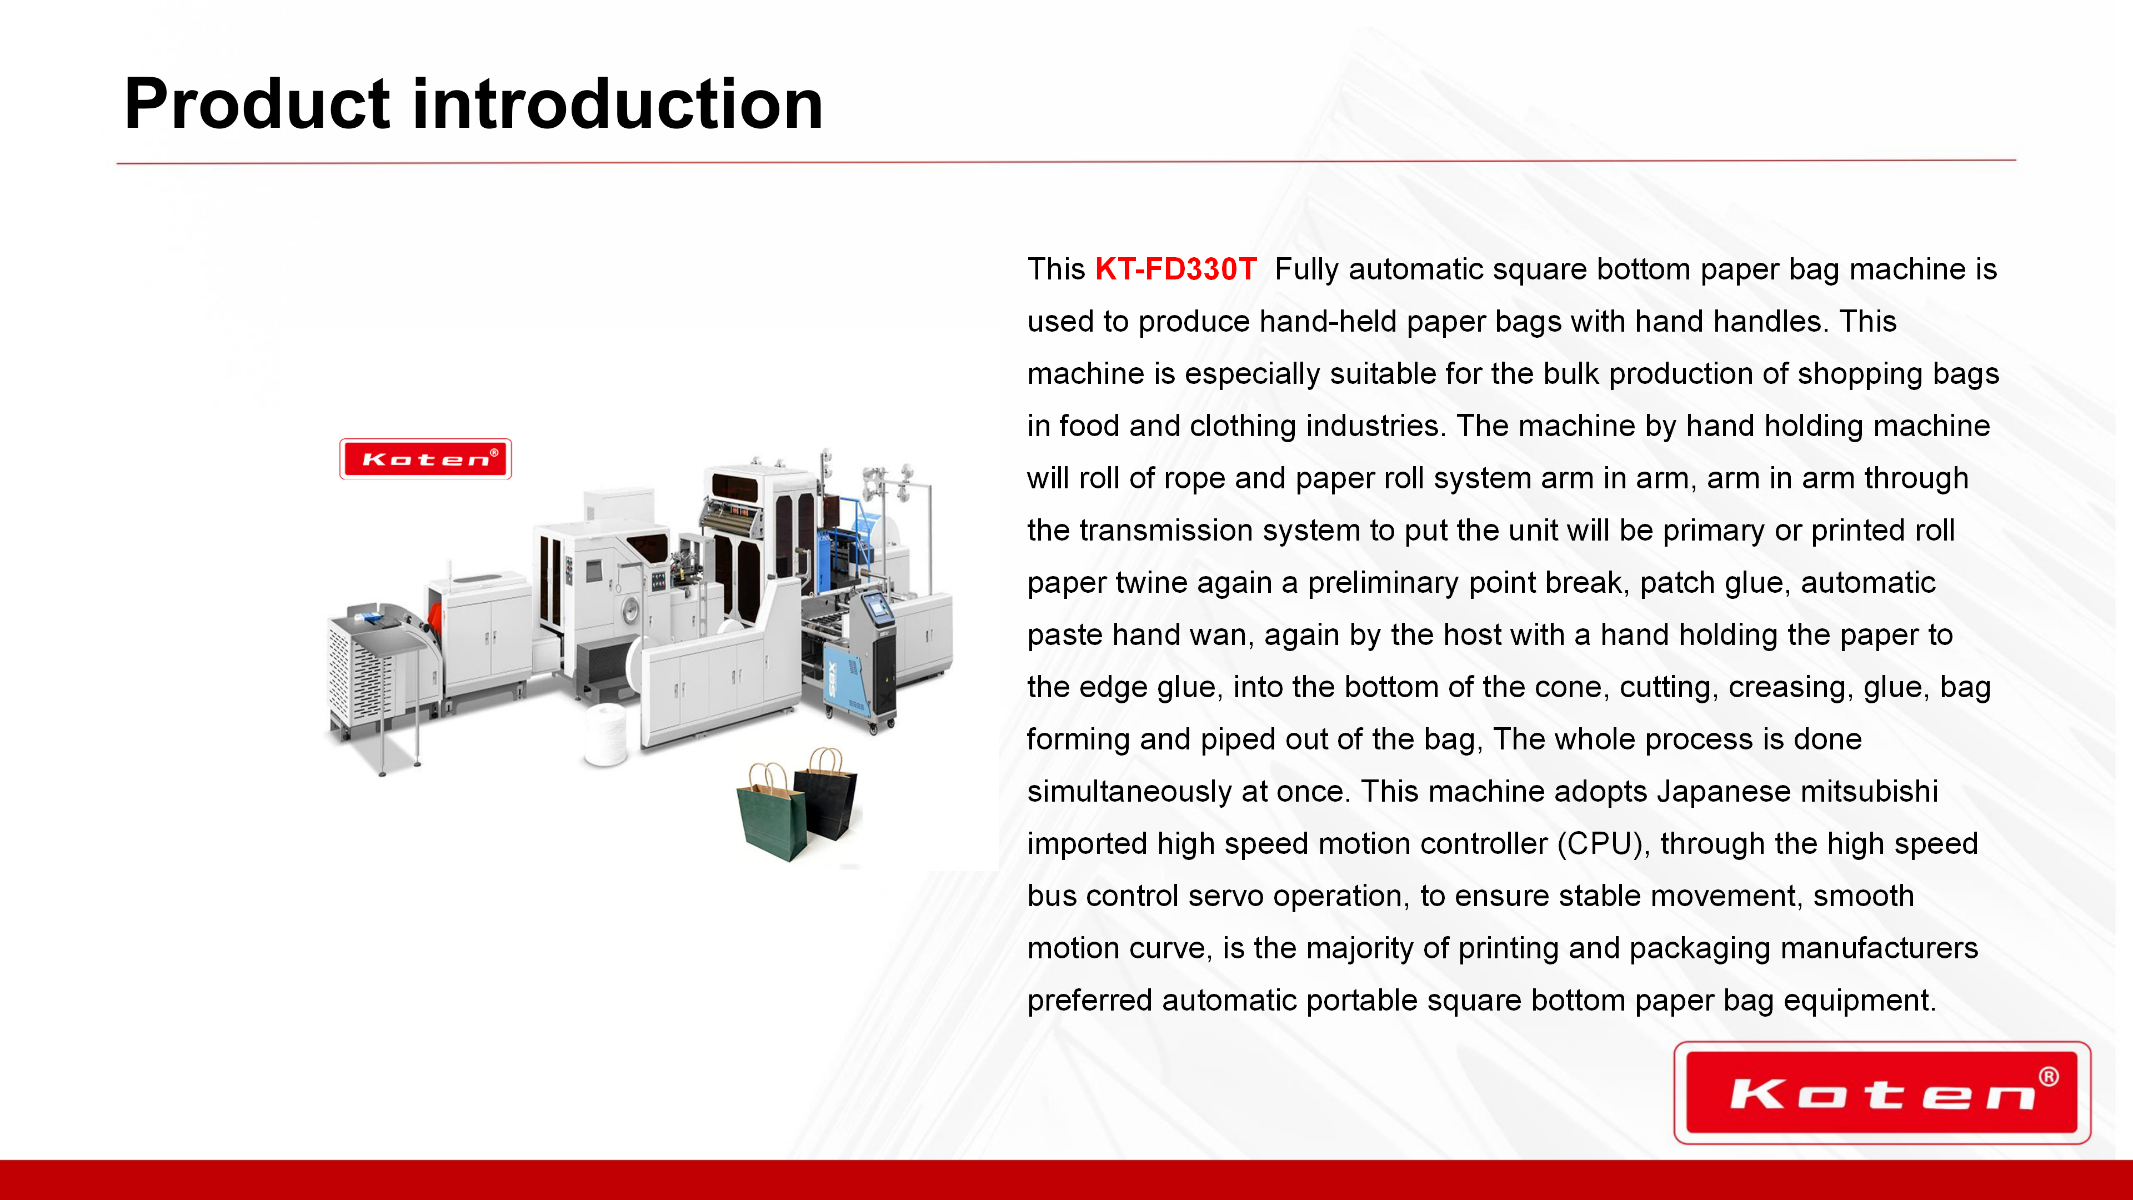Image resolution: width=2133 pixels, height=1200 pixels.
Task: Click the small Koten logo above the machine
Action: [425, 459]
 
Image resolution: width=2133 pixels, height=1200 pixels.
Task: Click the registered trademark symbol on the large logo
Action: [2049, 1077]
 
